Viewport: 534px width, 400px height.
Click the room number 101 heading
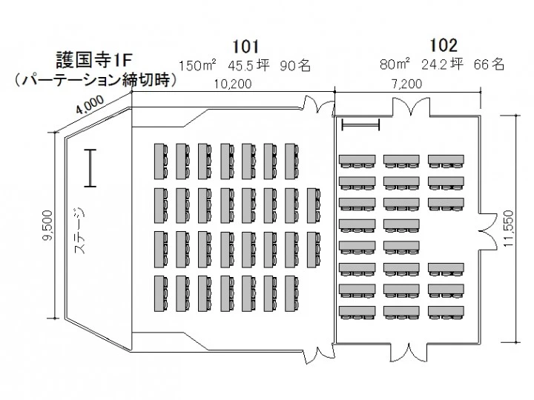[245, 45]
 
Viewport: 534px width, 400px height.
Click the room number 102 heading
[443, 45]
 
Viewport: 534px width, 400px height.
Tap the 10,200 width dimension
[232, 84]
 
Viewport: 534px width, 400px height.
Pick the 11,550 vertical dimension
[520, 230]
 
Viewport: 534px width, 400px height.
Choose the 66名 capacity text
[489, 65]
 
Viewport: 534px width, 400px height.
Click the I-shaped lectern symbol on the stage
[90, 168]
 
